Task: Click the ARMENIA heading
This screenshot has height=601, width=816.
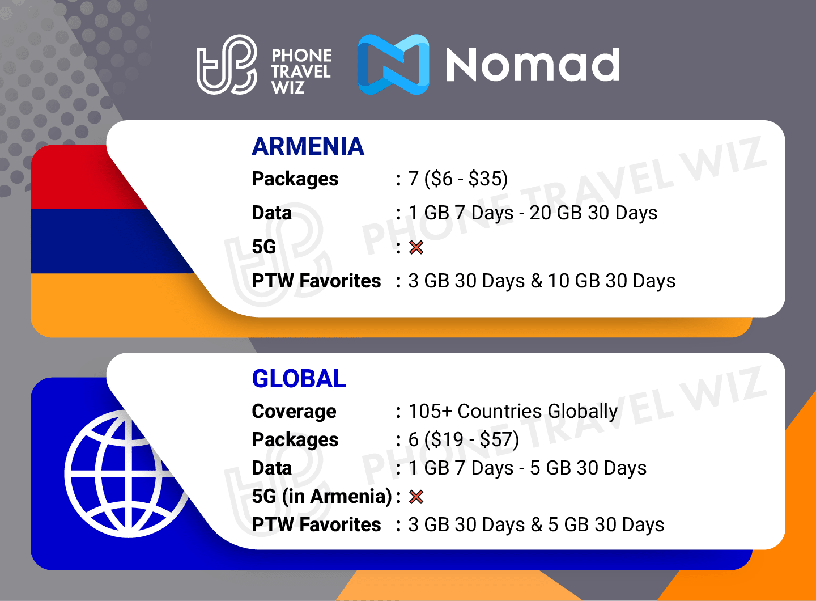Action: pos(308,146)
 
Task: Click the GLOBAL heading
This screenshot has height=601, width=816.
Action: pos(299,379)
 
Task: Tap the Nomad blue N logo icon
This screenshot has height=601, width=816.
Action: pos(394,64)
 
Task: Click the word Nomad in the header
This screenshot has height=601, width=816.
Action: pos(533,65)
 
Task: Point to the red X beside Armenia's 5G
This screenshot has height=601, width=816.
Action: pos(416,247)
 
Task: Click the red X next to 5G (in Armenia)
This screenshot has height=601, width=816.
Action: pos(416,497)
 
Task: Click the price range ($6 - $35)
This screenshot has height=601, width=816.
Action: pos(466,179)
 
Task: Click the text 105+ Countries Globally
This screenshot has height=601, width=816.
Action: pos(513,412)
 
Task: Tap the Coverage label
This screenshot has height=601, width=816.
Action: pos(294,412)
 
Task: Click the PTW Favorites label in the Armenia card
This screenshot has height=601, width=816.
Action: pos(316,281)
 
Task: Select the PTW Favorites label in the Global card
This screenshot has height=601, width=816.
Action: pos(316,525)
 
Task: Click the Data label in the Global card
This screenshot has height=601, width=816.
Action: pos(272,468)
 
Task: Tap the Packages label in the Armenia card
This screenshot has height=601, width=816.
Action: pos(295,179)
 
